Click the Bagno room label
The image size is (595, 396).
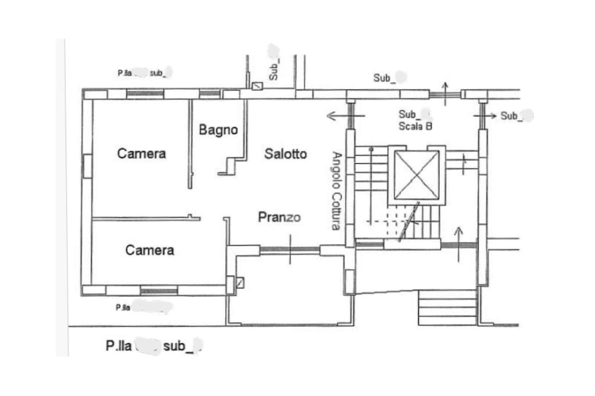[x=218, y=129]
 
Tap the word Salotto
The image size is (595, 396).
[x=285, y=154]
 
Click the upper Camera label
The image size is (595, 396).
[x=141, y=153]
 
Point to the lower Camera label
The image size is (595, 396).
[x=150, y=250]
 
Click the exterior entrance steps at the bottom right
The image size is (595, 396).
[x=447, y=308]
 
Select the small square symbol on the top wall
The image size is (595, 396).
[x=257, y=87]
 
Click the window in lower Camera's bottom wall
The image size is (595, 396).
[x=159, y=290]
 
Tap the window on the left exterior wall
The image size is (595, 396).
[x=87, y=166]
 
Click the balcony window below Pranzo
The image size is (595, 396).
[x=289, y=250]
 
